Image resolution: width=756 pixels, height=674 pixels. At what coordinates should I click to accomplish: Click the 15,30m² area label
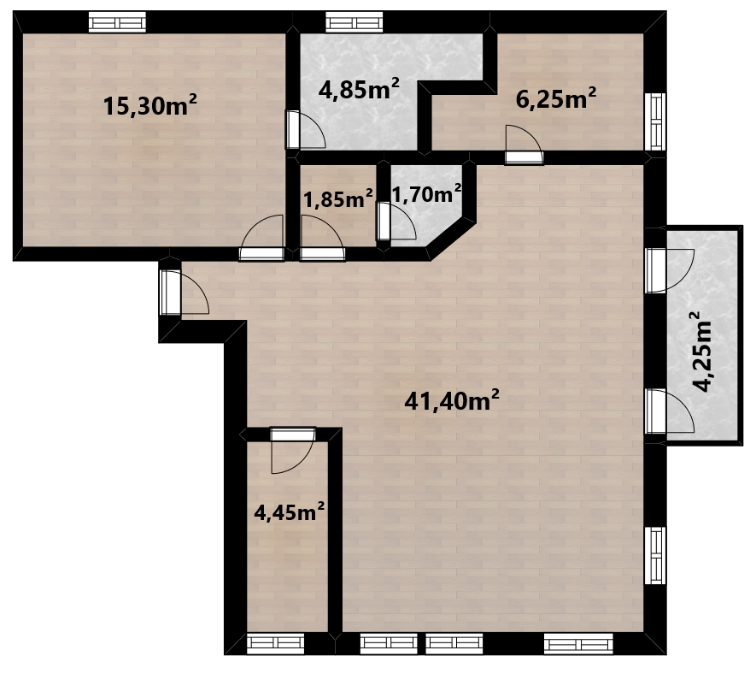150,105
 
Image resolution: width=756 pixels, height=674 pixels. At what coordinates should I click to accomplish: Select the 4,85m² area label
359,89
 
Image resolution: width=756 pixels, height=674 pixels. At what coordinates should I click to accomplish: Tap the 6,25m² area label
556,98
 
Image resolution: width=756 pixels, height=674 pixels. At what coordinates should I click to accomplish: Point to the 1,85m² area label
338,198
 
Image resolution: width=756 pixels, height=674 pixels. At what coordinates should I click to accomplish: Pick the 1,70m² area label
427,194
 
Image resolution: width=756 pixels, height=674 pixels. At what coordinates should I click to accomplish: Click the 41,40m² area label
451,400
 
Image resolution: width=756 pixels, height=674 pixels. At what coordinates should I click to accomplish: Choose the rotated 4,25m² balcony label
701,352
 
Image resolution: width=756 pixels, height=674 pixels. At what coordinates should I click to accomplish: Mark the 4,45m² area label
289,511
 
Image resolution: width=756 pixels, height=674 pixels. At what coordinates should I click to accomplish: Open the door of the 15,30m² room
261,239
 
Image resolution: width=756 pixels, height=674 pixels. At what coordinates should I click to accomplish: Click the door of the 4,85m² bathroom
306,129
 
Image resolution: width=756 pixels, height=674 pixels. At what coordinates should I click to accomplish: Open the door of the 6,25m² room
525,145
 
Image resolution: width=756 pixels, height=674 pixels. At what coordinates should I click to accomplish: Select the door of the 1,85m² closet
322,239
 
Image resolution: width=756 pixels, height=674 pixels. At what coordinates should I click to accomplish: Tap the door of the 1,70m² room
396,222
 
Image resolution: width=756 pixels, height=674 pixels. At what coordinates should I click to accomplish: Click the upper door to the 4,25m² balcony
669,270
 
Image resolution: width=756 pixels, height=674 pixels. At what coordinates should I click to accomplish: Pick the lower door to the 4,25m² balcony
669,411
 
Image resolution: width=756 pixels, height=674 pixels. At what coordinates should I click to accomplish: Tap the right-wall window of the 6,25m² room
655,121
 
